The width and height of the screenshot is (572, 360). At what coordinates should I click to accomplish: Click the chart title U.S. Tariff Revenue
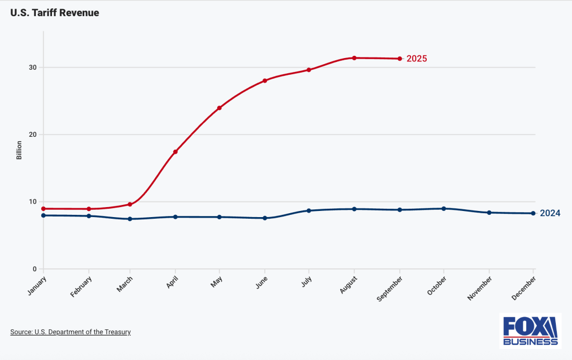pyautogui.click(x=55, y=12)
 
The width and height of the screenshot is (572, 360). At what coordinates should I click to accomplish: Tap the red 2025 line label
pyautogui.click(x=417, y=59)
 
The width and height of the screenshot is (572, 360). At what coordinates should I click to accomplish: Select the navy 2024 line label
pyautogui.click(x=550, y=213)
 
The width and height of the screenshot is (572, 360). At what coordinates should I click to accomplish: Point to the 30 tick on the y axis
pyautogui.click(x=33, y=68)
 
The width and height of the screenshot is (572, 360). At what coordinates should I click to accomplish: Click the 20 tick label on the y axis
pyautogui.click(x=33, y=135)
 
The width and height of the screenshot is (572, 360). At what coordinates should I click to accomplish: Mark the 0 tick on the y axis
pyautogui.click(x=35, y=269)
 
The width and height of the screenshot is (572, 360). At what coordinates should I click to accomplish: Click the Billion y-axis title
pyautogui.click(x=19, y=150)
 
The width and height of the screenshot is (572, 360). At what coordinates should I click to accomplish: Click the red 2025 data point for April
pyautogui.click(x=175, y=152)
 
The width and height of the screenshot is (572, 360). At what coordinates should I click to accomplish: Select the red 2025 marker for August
pyautogui.click(x=354, y=58)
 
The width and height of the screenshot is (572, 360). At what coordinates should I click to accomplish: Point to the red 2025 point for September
pyautogui.click(x=399, y=59)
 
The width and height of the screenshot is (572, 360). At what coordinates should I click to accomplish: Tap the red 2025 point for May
pyautogui.click(x=220, y=108)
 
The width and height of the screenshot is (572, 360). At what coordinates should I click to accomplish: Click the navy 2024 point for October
pyautogui.click(x=444, y=209)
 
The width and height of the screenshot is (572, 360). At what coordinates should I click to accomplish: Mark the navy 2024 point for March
pyautogui.click(x=130, y=219)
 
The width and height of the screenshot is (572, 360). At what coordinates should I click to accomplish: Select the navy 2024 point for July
pyautogui.click(x=309, y=210)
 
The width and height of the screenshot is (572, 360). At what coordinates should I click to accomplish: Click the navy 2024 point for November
pyautogui.click(x=489, y=213)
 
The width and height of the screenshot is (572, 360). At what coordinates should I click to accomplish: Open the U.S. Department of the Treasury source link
pyautogui.click(x=70, y=332)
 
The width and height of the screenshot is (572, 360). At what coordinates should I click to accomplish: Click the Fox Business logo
pyautogui.click(x=530, y=330)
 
